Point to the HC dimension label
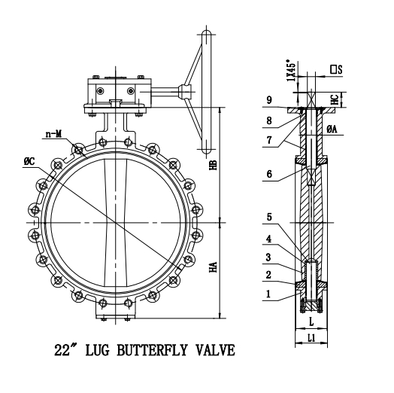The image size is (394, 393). pos(353,99)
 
